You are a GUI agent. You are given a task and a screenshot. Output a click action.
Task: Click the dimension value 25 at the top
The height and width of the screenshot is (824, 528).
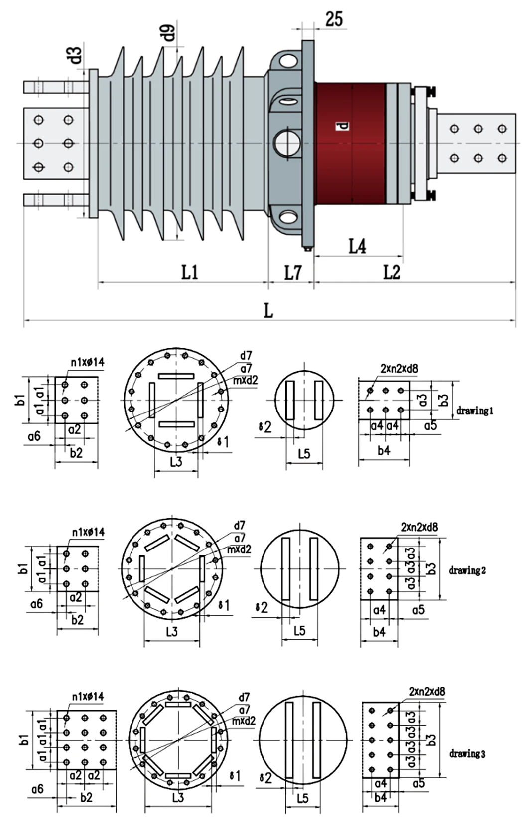click(x=334, y=19)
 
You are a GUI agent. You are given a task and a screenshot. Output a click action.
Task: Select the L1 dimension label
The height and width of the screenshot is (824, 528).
click(x=190, y=272)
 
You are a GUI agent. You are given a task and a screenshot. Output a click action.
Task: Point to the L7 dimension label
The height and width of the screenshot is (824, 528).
click(x=293, y=273)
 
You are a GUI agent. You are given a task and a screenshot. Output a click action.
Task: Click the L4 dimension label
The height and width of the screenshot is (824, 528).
click(x=357, y=246)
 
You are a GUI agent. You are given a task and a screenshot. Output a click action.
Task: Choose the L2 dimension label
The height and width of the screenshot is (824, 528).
click(x=392, y=272)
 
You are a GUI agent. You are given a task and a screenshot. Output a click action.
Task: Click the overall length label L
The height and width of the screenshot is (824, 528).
click(x=268, y=311)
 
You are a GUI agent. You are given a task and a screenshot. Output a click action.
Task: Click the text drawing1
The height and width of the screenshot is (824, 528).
click(x=475, y=411)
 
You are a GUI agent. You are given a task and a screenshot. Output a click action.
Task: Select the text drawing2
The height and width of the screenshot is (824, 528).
click(x=467, y=570)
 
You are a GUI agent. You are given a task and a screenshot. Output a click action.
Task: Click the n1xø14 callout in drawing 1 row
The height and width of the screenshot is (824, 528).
click(x=87, y=362)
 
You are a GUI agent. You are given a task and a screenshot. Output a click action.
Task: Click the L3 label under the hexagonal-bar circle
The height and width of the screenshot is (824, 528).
click(x=171, y=632)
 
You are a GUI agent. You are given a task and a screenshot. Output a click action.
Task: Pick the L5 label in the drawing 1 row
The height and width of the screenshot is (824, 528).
click(x=304, y=453)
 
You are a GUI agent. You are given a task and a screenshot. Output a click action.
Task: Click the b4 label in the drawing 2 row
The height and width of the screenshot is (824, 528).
click(x=379, y=632)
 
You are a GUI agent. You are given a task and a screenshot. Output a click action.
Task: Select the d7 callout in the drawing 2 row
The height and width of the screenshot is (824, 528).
click(x=240, y=525)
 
